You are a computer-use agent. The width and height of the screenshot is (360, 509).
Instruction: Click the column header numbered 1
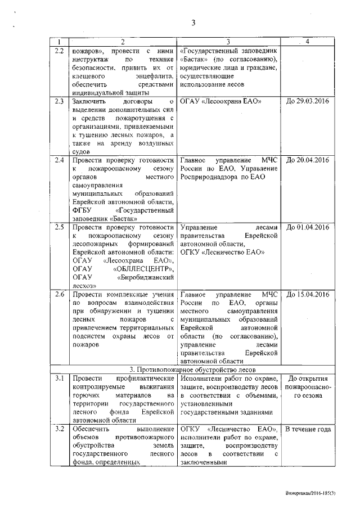pyautogui.click(x=58, y=42)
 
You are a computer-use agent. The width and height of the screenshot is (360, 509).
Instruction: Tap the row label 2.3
pyautogui.click(x=58, y=101)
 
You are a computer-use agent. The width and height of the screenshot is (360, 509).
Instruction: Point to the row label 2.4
pyautogui.click(x=58, y=160)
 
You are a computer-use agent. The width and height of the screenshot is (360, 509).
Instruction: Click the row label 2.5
pyautogui.click(x=58, y=227)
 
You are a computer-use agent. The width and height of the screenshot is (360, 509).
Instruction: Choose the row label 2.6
pyautogui.click(x=58, y=295)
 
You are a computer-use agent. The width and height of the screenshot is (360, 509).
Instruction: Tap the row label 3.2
pyautogui.click(x=58, y=429)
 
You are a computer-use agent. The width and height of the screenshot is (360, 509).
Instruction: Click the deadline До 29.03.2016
pyautogui.click(x=307, y=101)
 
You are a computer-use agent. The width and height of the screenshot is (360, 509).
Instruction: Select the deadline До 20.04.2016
pyautogui.click(x=307, y=160)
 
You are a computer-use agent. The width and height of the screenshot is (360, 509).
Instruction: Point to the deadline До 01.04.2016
pyautogui.click(x=307, y=227)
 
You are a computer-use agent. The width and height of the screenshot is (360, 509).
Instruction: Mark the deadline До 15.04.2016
pyautogui.click(x=307, y=295)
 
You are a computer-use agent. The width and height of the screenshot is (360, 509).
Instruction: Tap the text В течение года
pyautogui.click(x=307, y=430)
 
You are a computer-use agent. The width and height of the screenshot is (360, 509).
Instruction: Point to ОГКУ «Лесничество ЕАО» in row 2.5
pyautogui.click(x=222, y=253)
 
